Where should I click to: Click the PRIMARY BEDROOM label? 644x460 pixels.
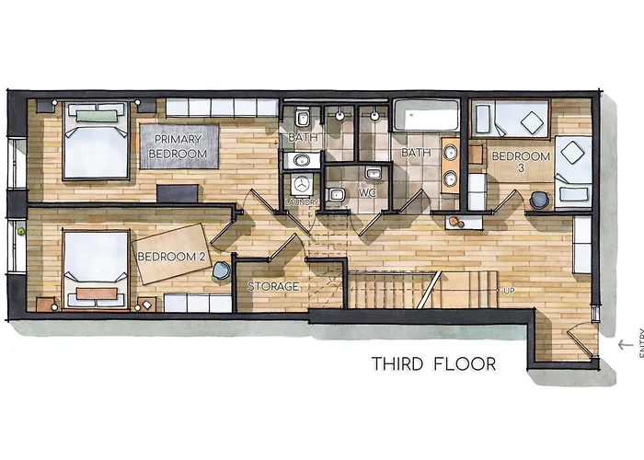coord(178,146)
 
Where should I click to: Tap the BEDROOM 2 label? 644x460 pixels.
coord(170,257)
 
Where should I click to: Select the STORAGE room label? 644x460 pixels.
coord(273,287)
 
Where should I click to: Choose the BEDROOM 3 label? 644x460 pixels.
coord(520,163)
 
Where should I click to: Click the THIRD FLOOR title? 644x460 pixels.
coord(433,364)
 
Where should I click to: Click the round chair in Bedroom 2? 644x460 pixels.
coord(223,270)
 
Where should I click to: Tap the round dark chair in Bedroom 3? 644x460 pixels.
coord(540,199)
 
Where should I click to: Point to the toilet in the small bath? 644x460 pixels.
coord(303,119)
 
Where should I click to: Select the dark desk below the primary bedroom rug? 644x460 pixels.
coord(177,193)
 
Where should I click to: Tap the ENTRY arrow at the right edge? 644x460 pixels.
coord(625,344)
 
